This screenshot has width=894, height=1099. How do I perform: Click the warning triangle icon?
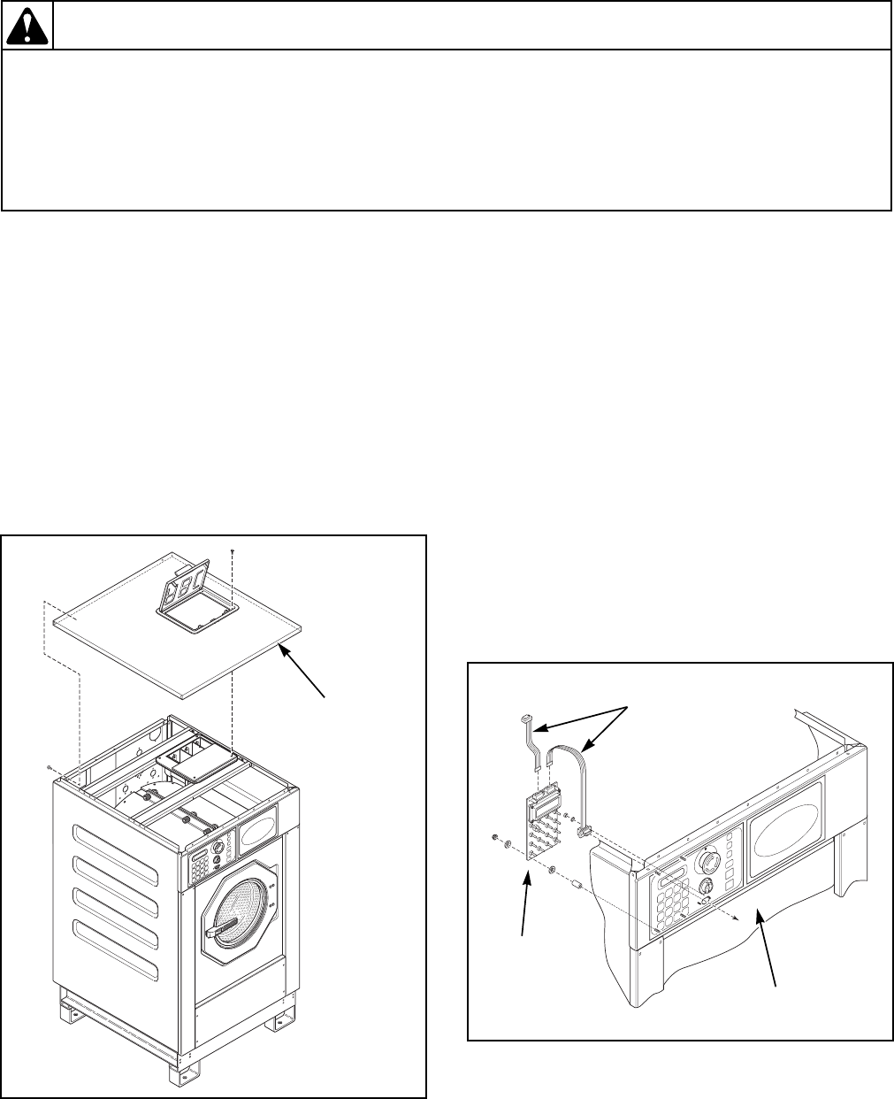27,27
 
